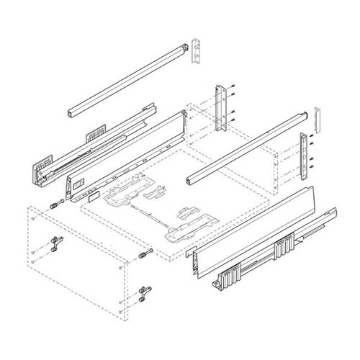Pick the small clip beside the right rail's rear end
point(317,116)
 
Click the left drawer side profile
point(122,155)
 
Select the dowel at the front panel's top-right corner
point(147,253)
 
